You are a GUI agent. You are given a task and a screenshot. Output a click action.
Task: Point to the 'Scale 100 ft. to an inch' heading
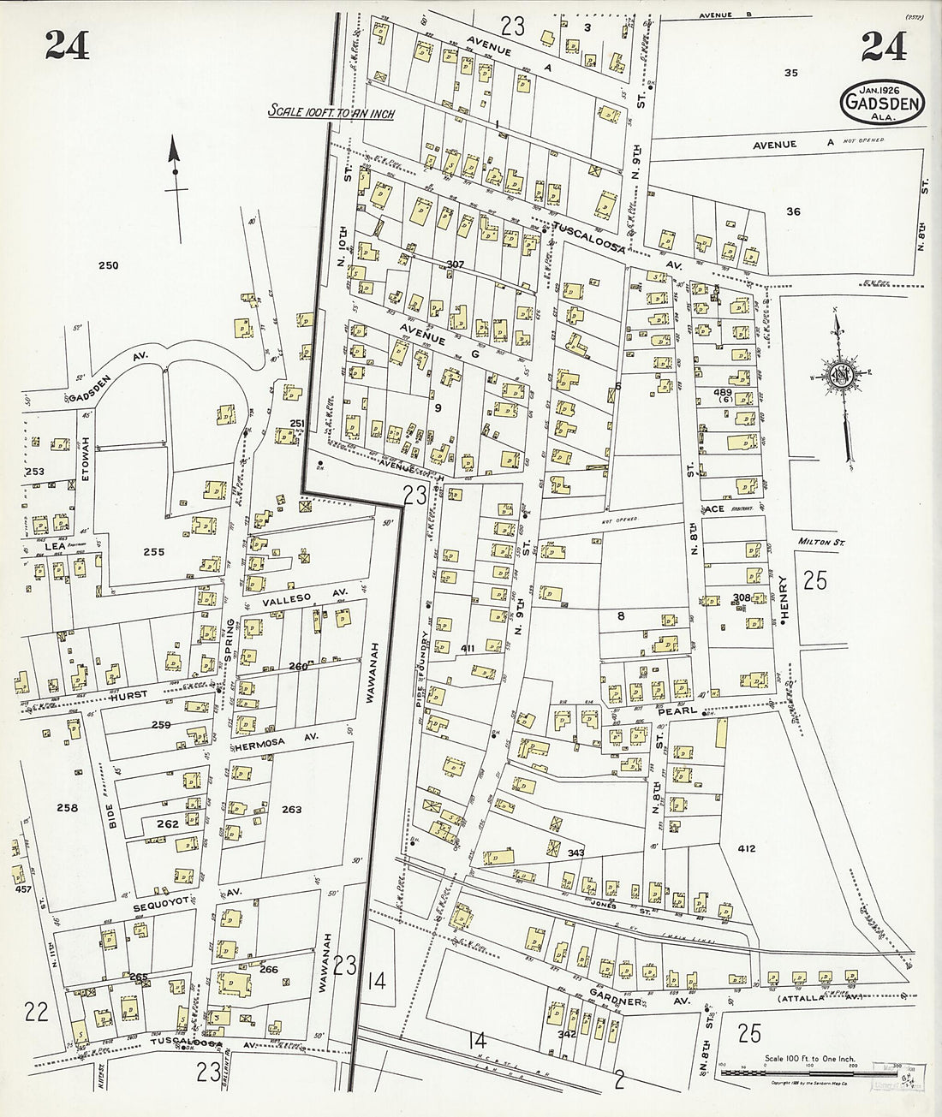(x=331, y=111)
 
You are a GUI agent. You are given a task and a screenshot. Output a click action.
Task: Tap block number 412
(x=746, y=848)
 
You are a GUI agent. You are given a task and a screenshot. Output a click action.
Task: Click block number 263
(x=292, y=809)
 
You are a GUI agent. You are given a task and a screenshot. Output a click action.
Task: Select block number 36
(x=793, y=211)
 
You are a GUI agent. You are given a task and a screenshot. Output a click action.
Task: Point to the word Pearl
(x=674, y=711)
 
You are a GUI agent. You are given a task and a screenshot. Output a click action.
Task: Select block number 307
(x=455, y=264)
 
